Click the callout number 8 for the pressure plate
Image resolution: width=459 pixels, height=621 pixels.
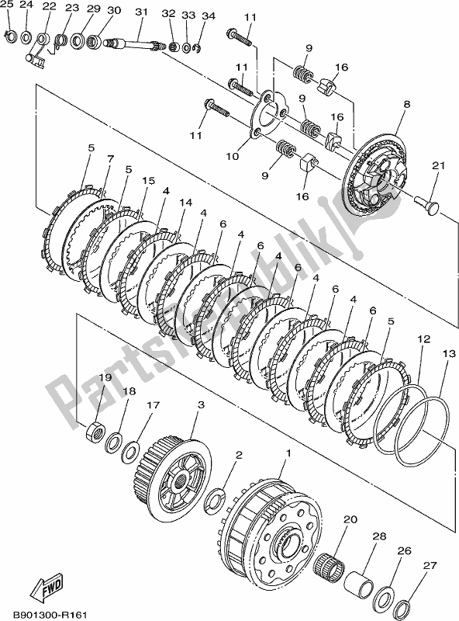tap(406, 103)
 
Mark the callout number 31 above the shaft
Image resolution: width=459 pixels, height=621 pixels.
tap(140, 12)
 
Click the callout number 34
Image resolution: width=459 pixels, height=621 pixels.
tap(207, 16)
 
